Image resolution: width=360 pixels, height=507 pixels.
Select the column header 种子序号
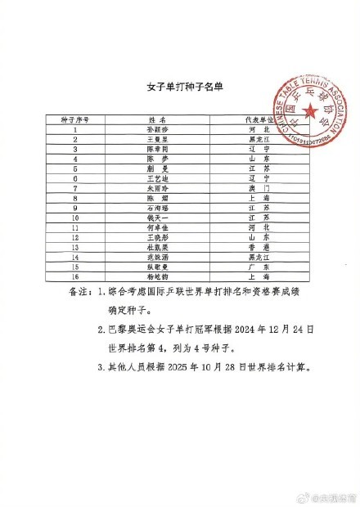(75, 119)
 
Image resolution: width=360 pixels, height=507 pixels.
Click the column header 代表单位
(259, 119)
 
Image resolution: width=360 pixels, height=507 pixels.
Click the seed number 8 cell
(75, 198)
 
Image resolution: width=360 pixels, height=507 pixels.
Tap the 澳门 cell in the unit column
(259, 188)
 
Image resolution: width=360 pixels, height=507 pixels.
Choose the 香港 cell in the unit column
(259, 246)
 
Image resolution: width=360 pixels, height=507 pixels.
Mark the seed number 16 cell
(75, 276)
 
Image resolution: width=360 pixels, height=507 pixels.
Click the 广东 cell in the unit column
(259, 266)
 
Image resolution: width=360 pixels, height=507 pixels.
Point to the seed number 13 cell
(75, 246)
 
